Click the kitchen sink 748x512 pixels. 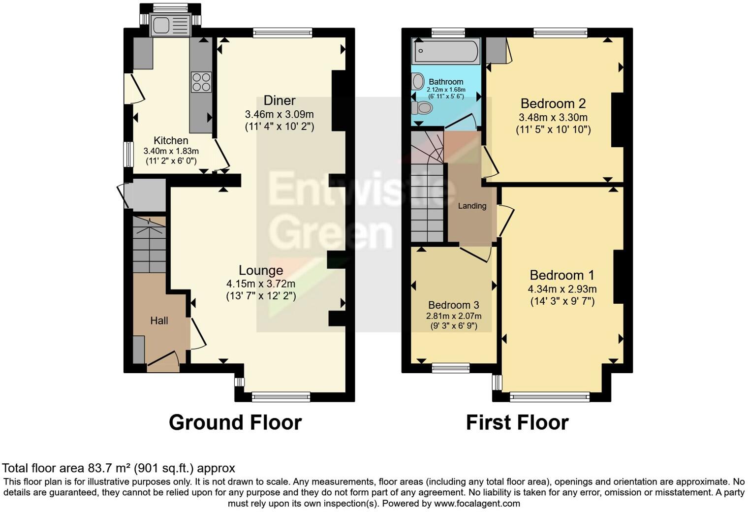click(170, 26)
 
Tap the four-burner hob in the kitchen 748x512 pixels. click(201, 82)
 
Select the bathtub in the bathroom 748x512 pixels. click(446, 52)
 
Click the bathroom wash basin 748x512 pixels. click(418, 81)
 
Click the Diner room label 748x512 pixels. click(280, 100)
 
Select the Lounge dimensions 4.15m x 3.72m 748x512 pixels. click(261, 284)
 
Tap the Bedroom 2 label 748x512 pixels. click(553, 103)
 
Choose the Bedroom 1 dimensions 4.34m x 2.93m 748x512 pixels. click(562, 289)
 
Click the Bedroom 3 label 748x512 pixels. click(453, 305)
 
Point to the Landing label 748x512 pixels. click(472, 206)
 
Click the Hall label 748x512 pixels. click(159, 321)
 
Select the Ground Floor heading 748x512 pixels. click(235, 422)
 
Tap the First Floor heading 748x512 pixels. click(517, 422)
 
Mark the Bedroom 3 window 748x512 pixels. click(450, 367)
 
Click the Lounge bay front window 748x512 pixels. click(280, 396)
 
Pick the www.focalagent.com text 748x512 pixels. click(477, 504)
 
